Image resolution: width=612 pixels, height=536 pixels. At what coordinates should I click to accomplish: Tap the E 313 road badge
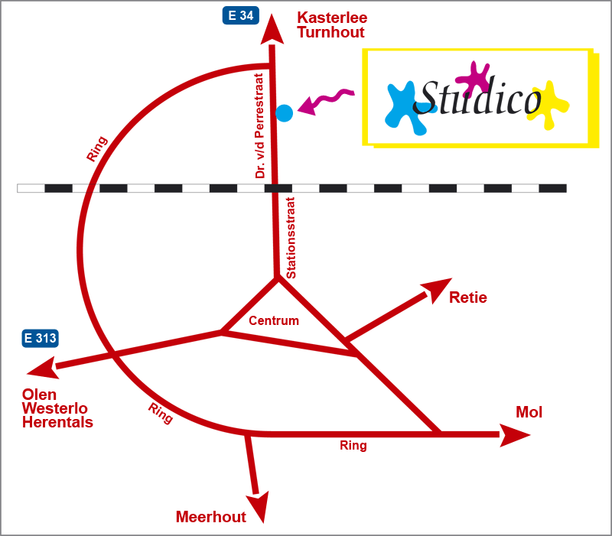41,338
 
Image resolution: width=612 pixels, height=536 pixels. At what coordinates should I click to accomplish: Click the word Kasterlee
332,18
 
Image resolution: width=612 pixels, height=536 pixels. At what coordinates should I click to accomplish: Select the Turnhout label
330,33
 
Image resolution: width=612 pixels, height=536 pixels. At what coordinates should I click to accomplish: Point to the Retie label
467,297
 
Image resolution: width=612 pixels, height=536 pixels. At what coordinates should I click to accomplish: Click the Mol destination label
529,413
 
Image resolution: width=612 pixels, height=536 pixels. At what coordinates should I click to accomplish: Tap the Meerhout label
211,518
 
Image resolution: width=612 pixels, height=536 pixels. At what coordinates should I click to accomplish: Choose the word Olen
39,395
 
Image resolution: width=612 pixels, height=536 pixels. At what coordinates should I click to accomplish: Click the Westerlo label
55,408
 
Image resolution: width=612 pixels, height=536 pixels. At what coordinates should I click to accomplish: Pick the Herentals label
57,422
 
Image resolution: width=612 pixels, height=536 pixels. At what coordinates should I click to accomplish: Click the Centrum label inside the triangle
274,321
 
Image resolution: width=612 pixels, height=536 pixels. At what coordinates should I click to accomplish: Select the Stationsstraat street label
291,237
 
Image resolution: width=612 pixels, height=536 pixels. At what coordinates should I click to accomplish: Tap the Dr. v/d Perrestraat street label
260,126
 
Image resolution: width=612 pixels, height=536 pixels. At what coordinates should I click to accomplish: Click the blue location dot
284,113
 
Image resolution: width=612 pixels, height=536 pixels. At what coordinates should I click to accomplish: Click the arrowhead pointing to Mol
516,435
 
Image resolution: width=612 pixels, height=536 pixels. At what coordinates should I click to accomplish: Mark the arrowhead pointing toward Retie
438,287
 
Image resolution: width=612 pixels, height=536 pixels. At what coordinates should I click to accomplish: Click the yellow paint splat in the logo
549,103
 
